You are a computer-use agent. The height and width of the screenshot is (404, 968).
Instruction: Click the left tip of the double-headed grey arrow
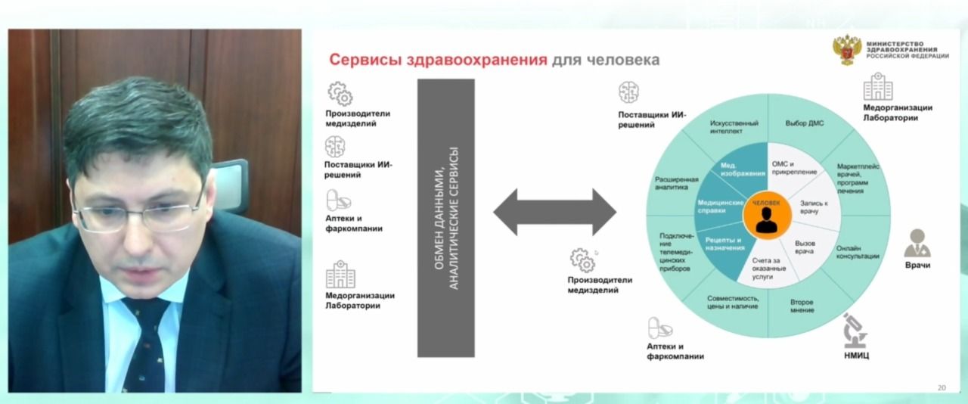pos(494,212)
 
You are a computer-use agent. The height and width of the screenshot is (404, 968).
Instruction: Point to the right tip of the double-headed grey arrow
pos(616,212)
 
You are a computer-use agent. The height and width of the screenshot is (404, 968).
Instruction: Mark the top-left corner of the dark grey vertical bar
pos(417,79)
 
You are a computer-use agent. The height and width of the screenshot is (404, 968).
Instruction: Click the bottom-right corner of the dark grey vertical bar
pos(474,357)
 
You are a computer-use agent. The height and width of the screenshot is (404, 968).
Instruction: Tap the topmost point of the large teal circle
pos(768,93)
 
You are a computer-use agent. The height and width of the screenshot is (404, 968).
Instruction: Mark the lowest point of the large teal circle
pos(768,338)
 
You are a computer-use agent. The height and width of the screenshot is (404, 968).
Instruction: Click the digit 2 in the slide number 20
pos(939,388)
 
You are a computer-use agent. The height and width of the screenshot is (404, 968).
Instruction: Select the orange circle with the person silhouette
pos(767,216)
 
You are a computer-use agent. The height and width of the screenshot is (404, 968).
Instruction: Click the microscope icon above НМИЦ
pos(855,331)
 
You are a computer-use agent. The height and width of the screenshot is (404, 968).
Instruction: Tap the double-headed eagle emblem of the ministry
pos(846,49)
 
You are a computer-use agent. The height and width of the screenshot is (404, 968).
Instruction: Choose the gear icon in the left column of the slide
pos(340,93)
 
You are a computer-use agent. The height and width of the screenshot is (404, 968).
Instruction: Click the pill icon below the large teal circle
pos(659,328)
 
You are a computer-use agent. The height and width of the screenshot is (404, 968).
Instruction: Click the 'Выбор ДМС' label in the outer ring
pos(804,123)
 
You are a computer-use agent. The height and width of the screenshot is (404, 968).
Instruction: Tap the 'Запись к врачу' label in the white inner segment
pos(814,207)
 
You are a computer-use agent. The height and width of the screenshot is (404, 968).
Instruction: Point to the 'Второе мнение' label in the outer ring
pos(802,306)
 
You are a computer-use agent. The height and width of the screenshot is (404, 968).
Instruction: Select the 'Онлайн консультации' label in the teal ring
pos(858,252)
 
